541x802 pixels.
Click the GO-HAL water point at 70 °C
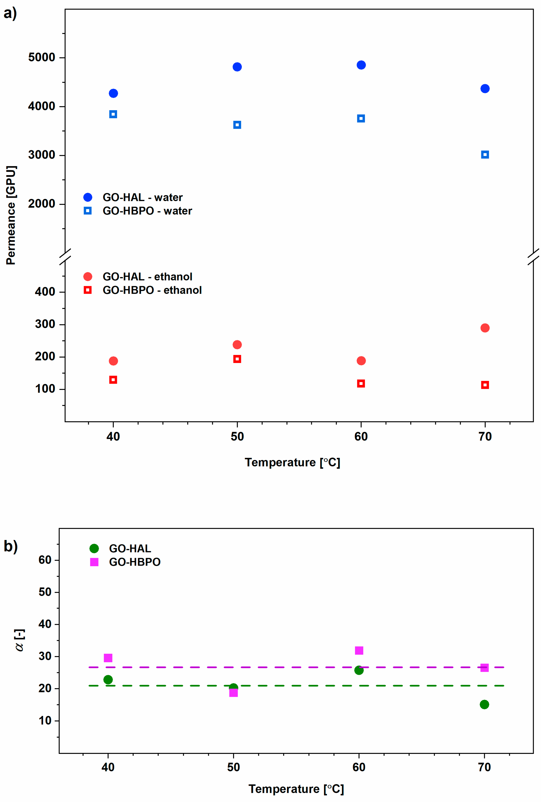485,89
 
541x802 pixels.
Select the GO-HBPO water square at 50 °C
237,125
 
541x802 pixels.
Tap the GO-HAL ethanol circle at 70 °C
485,328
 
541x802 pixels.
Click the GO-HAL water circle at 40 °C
113,93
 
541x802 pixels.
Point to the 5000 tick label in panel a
42,57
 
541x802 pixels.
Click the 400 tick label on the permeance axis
45,292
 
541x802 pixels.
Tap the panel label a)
10,14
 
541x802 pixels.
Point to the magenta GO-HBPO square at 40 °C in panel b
108,658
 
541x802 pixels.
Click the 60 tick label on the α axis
45,560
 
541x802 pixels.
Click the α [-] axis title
20,640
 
